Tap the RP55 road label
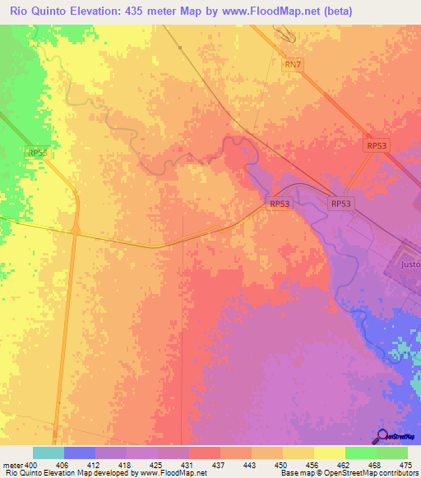37,153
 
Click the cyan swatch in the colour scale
49,453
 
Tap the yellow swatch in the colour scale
329,453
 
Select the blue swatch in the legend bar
80,453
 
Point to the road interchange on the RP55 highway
75,231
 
